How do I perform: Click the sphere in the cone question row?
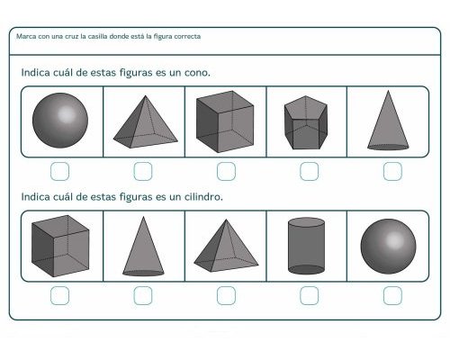tap(60, 121)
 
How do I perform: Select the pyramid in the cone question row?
tap(143, 122)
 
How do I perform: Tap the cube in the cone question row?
tap(226, 121)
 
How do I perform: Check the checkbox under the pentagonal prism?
tap(309, 170)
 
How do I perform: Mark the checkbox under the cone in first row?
tap(391, 170)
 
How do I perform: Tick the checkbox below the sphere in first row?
tap(60, 170)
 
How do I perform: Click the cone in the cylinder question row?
tap(143, 246)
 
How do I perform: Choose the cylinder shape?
tap(309, 245)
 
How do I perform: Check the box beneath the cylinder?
tap(309, 294)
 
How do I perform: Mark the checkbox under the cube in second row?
tap(60, 294)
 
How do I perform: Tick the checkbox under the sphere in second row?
tap(391, 294)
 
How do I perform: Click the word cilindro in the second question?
tap(202, 196)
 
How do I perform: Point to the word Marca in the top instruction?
tap(27, 37)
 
